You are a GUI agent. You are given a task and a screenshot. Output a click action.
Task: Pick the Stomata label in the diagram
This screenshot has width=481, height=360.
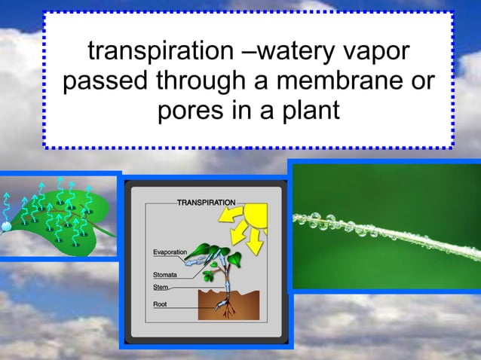click(166, 275)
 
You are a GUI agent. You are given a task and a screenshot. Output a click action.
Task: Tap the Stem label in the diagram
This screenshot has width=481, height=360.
click(161, 286)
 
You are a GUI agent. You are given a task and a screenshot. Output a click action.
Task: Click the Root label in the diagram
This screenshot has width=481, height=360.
click(161, 304)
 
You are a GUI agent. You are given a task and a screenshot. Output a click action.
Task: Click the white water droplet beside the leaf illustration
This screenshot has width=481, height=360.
click(6, 225)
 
